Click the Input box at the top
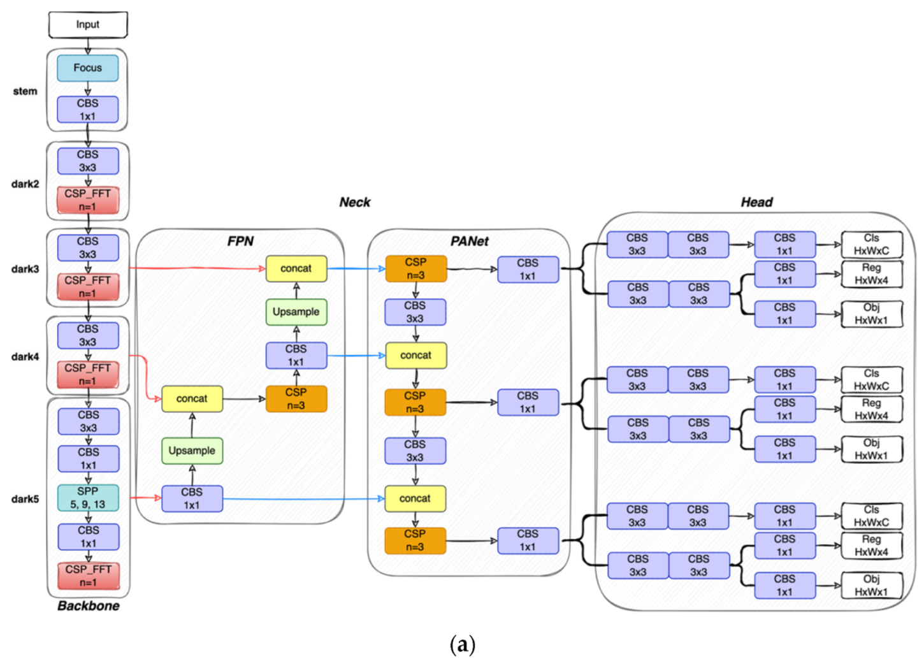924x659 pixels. pos(88,25)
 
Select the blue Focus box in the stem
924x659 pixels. pos(88,68)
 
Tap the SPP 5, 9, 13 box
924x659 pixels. pos(88,498)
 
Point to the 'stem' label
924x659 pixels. pos(25,91)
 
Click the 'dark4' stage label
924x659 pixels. pos(25,357)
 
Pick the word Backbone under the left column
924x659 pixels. pos(89,605)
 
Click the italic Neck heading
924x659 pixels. pos(355,202)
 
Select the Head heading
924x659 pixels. pos(756,202)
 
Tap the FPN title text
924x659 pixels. pos(240,241)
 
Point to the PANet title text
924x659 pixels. pos(470,241)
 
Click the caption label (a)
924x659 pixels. pos(462,644)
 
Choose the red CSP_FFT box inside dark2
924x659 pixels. pos(88,200)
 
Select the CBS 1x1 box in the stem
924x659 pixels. pos(88,110)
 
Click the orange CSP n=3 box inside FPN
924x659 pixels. pos(296,399)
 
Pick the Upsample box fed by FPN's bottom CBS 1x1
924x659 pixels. pos(192,451)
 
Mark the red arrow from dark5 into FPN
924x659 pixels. pos(145,498)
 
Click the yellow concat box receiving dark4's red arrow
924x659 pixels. pos(192,399)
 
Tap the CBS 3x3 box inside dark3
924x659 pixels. pos(88,248)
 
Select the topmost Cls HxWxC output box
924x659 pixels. pos(871,245)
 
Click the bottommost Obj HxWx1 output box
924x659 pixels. pos(871,585)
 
